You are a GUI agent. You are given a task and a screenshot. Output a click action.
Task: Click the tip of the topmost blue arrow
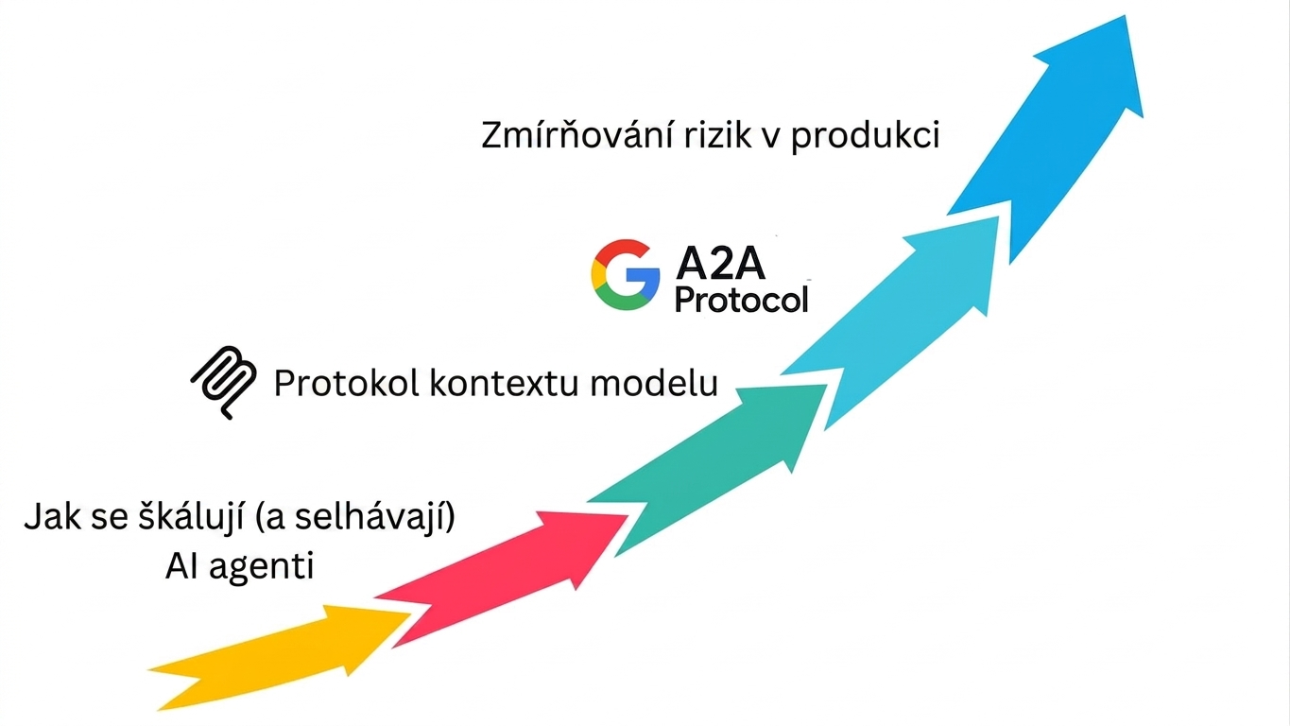point(1126,16)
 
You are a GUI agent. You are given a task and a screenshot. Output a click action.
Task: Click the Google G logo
point(626,275)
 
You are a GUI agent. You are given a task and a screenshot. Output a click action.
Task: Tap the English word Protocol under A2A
point(742,300)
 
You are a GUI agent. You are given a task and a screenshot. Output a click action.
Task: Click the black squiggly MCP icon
point(225,382)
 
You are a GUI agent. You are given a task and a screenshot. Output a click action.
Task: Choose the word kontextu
point(504,383)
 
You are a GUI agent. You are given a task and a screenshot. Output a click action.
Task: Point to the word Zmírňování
point(577,135)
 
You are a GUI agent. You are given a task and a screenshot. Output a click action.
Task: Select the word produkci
point(865,136)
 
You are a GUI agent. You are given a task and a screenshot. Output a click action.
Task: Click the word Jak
point(52,516)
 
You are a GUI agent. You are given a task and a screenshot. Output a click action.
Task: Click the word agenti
point(262,567)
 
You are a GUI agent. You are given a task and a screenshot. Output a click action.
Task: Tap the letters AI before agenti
point(182,566)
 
